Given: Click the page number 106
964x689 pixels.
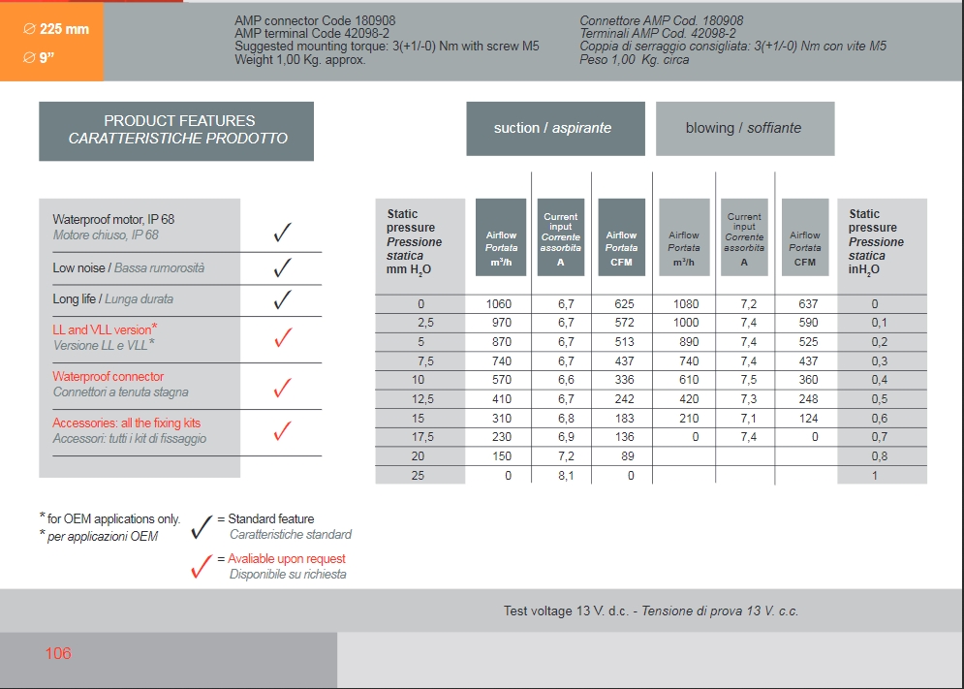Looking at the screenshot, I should pyautogui.click(x=58, y=654).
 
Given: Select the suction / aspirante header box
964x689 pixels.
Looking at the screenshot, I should pyautogui.click(x=554, y=128).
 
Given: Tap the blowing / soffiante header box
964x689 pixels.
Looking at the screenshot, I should pyautogui.click(x=744, y=128).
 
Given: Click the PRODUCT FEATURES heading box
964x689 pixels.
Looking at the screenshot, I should pyautogui.click(x=176, y=130).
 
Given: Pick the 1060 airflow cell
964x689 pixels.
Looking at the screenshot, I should pyautogui.click(x=499, y=304).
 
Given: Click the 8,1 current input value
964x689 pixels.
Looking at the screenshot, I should pyautogui.click(x=566, y=476).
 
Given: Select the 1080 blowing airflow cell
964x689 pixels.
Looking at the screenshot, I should pyautogui.click(x=686, y=304).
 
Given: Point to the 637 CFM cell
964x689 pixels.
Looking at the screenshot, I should pyautogui.click(x=807, y=304).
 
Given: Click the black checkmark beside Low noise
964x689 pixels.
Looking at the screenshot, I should pyautogui.click(x=283, y=267).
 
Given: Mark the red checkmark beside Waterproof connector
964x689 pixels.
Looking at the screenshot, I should pyautogui.click(x=283, y=388).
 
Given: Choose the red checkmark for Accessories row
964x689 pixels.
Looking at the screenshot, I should pyautogui.click(x=283, y=431).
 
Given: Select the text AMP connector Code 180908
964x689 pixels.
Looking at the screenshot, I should pyautogui.click(x=315, y=20).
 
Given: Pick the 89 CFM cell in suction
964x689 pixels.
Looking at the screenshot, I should pyautogui.click(x=628, y=456).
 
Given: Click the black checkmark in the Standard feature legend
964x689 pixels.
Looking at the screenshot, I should pyautogui.click(x=202, y=526).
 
